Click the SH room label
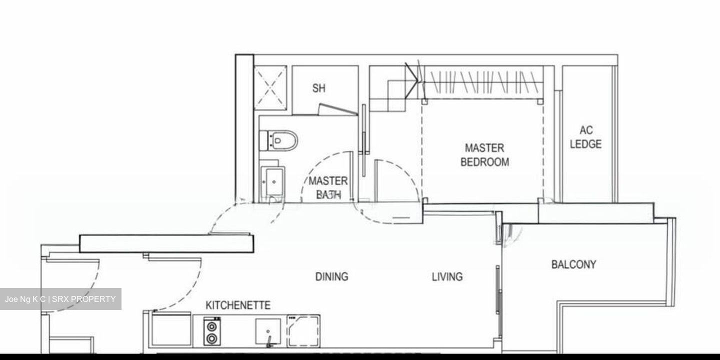319,88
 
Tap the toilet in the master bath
280,140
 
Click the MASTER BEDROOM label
484,155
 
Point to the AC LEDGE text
585,137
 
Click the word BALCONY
573,264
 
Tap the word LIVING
447,276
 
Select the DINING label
331,276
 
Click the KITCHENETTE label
238,305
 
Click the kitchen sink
268,331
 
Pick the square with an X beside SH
270,87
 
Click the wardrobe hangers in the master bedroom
482,82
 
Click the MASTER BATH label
328,187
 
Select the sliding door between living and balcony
498,290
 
